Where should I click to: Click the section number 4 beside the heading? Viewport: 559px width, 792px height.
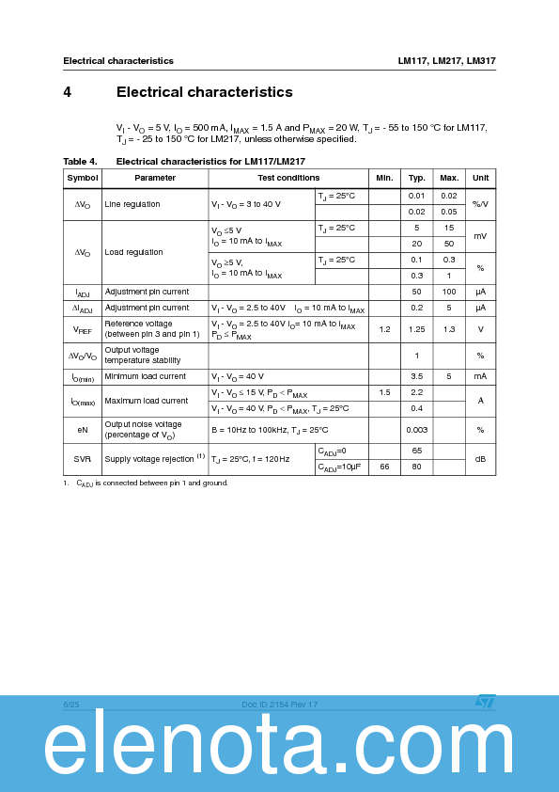(68, 92)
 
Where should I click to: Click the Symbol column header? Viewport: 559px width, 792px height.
(82, 178)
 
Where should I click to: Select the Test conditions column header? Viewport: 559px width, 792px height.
(288, 178)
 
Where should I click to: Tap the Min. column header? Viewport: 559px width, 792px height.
(384, 178)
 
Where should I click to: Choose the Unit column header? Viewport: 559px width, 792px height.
(480, 178)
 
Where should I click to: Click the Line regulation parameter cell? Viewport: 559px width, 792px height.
(132, 204)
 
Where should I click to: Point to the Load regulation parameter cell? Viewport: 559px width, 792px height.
(133, 252)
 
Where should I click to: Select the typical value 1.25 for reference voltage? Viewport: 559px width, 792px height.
(416, 329)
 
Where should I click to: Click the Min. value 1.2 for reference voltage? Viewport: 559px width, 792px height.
(384, 329)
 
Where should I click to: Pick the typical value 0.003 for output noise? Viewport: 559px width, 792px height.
(416, 430)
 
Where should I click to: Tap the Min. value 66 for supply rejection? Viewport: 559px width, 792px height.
(384, 467)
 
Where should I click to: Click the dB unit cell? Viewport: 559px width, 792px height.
(480, 459)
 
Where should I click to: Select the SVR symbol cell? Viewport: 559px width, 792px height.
(82, 459)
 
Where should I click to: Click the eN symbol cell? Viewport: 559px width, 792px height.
(82, 430)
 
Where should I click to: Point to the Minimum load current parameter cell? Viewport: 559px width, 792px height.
(146, 376)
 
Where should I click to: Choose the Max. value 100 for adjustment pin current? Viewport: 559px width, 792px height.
(449, 293)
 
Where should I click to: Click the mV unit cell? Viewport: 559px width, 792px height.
(480, 236)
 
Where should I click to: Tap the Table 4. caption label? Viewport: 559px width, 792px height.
(80, 162)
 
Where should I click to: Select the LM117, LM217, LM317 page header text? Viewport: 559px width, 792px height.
(446, 61)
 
